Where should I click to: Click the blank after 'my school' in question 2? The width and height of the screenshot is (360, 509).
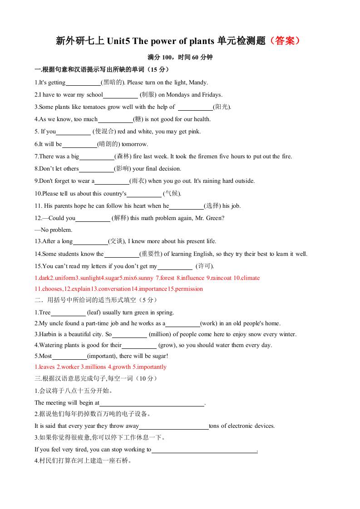[120, 95]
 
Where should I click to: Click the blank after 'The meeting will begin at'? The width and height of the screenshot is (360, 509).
[152, 403]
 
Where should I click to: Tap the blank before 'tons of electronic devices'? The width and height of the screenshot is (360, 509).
[173, 426]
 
